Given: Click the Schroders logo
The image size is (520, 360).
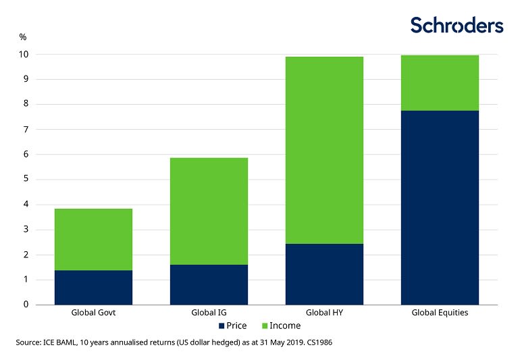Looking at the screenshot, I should pyautogui.click(x=457, y=26).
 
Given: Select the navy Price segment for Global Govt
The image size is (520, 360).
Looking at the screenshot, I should pyautogui.click(x=93, y=287).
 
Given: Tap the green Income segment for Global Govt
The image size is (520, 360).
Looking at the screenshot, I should pyautogui.click(x=93, y=239).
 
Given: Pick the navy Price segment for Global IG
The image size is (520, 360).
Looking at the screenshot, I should pyautogui.click(x=209, y=284).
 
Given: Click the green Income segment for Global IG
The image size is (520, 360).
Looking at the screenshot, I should pyautogui.click(x=209, y=211).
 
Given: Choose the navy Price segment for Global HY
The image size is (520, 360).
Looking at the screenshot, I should pyautogui.click(x=324, y=274).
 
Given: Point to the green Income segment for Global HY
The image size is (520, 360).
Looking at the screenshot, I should pyautogui.click(x=324, y=150).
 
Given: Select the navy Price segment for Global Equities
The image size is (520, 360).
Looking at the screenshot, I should pyautogui.click(x=440, y=207).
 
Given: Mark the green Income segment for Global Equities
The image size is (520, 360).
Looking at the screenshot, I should pyautogui.click(x=440, y=82).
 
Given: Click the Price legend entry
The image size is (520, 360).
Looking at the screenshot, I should pyautogui.click(x=232, y=326).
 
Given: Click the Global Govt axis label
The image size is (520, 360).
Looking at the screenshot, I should pyautogui.click(x=93, y=313).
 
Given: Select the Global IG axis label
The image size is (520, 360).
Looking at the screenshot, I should pyautogui.click(x=209, y=313).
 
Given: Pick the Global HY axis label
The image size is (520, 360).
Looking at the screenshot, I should pyautogui.click(x=324, y=313).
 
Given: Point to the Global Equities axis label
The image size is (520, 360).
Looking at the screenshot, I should pyautogui.click(x=440, y=313).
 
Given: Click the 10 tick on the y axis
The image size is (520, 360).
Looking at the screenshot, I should pyautogui.click(x=24, y=54).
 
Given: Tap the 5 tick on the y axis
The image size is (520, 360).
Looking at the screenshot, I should pyautogui.click(x=26, y=179).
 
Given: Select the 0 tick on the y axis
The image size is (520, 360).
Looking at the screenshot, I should pyautogui.click(x=26, y=305).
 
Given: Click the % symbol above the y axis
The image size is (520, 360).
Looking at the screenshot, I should pyautogui.click(x=22, y=36).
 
